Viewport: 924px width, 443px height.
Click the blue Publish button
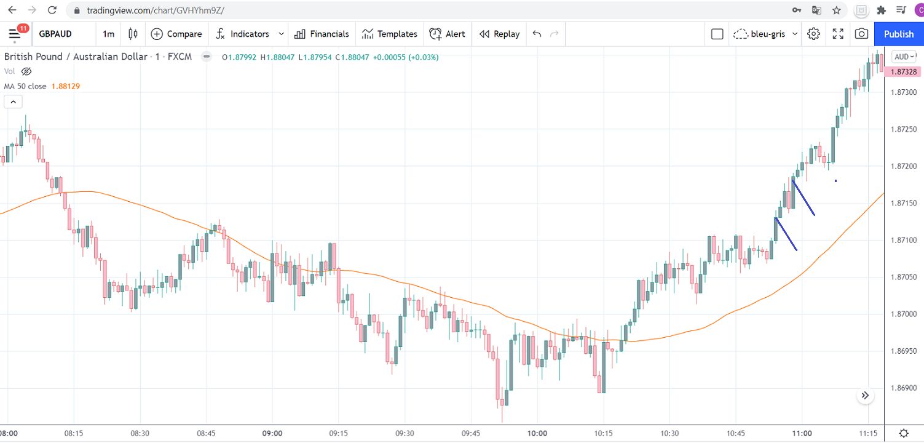pos(898,34)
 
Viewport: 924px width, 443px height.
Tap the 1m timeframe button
pos(108,34)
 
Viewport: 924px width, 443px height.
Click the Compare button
pos(176,34)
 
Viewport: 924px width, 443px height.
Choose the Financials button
pos(322,34)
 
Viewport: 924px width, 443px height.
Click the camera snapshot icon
pos(861,34)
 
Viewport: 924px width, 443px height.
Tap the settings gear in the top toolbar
pos(813,34)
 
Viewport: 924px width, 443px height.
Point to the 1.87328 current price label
pos(902,72)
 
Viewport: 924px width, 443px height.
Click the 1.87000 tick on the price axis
pos(902,314)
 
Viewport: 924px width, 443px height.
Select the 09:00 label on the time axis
pos(272,433)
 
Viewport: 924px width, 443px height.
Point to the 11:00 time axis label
pos(802,433)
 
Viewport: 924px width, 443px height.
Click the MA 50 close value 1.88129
pos(66,86)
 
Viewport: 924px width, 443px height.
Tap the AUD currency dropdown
pos(904,57)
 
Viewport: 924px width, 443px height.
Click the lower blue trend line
pos(786,234)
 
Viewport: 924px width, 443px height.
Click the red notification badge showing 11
pos(22,28)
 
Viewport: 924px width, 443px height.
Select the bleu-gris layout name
pos(768,34)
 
